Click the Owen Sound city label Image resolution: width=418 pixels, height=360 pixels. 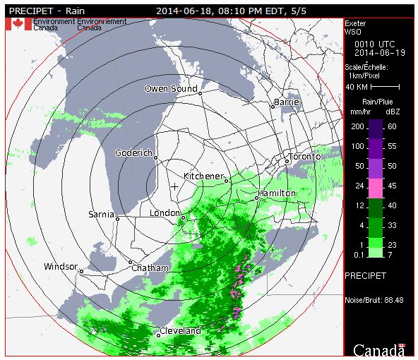(x=170, y=89)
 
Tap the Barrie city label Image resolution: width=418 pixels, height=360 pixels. (x=287, y=102)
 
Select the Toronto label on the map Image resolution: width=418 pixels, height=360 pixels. (x=304, y=157)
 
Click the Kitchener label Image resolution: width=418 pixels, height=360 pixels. (x=203, y=176)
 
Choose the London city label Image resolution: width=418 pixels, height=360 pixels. (x=166, y=213)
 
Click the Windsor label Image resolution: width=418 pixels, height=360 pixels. (x=60, y=267)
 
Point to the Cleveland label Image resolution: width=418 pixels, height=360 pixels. (x=181, y=330)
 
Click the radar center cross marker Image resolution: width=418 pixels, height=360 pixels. (x=174, y=186)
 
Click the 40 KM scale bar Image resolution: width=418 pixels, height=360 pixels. (x=382, y=87)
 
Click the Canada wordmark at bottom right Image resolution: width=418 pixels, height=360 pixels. (x=379, y=349)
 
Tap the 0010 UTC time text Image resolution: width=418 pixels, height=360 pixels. (x=370, y=43)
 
